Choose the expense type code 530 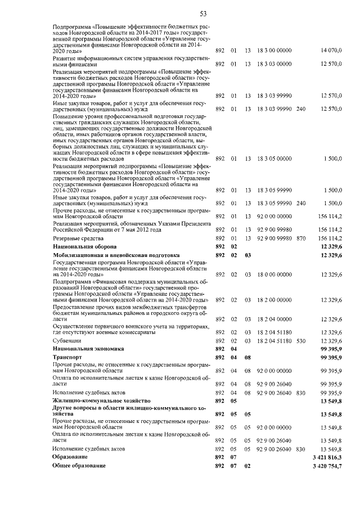pos(300,341)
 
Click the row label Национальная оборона pos(84,247)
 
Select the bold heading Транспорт pos(67,357)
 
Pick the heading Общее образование pos(79,467)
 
